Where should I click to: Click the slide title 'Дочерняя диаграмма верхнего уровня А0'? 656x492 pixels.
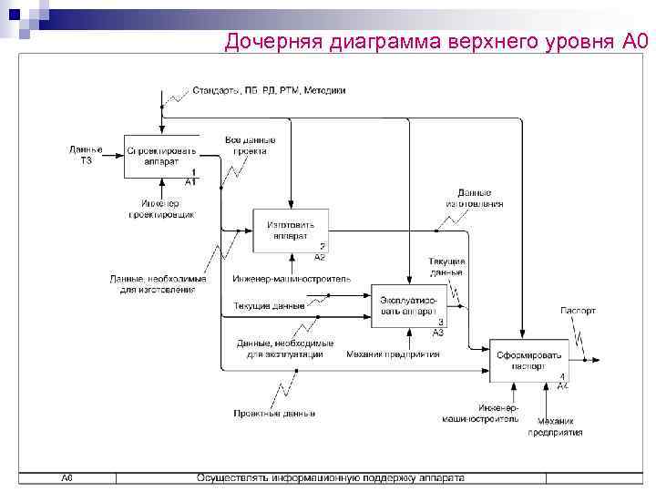click(435, 41)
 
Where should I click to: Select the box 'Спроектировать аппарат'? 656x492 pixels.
click(161, 155)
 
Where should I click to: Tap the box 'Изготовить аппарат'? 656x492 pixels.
click(291, 231)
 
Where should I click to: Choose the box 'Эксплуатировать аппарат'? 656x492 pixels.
click(408, 306)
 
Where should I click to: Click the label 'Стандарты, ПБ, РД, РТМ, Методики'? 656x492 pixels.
click(268, 91)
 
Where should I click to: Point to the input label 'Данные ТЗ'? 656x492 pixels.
click(86, 155)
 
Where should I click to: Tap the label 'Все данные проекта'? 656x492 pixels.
click(250, 146)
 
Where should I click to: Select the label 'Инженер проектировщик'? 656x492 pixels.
click(160, 209)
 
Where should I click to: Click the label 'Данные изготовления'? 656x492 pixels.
click(474, 199)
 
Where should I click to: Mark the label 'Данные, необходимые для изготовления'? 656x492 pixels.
click(152, 284)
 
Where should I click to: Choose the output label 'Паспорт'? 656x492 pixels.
click(578, 311)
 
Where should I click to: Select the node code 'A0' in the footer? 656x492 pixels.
click(67, 477)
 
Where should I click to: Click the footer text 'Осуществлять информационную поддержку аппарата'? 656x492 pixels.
click(329, 477)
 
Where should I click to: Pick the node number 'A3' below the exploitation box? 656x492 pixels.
click(437, 333)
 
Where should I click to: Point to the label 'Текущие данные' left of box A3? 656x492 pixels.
click(269, 305)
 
